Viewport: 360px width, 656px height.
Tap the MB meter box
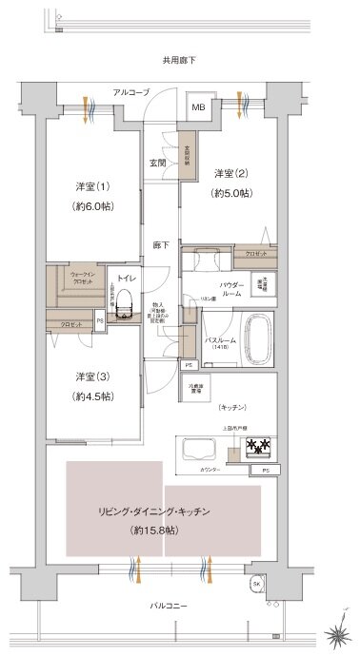click(199, 106)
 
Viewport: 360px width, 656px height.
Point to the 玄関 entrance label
click(158, 162)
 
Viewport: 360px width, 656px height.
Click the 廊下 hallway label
click(160, 244)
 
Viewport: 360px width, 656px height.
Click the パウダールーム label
click(232, 289)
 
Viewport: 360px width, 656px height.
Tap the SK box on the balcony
click(256, 584)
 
